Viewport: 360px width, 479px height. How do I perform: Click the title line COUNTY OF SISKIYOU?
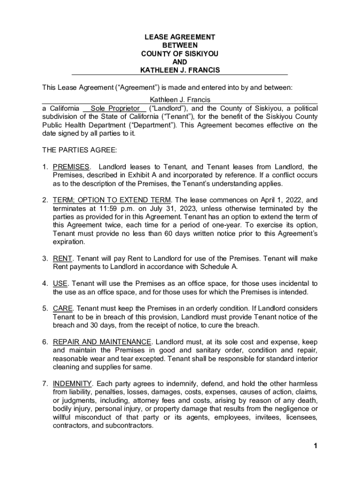pyautogui.click(x=180, y=54)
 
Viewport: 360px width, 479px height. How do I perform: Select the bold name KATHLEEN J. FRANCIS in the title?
pyautogui.click(x=180, y=71)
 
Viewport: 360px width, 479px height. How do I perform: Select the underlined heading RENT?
pyautogui.click(x=62, y=259)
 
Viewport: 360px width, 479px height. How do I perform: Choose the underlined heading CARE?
pyautogui.click(x=63, y=309)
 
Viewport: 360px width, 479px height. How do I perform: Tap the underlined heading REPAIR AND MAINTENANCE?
pyautogui.click(x=102, y=342)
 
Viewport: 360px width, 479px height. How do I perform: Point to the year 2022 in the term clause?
pyautogui.click(x=282, y=200)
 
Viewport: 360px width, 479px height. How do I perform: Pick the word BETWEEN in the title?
pyautogui.click(x=180, y=45)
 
